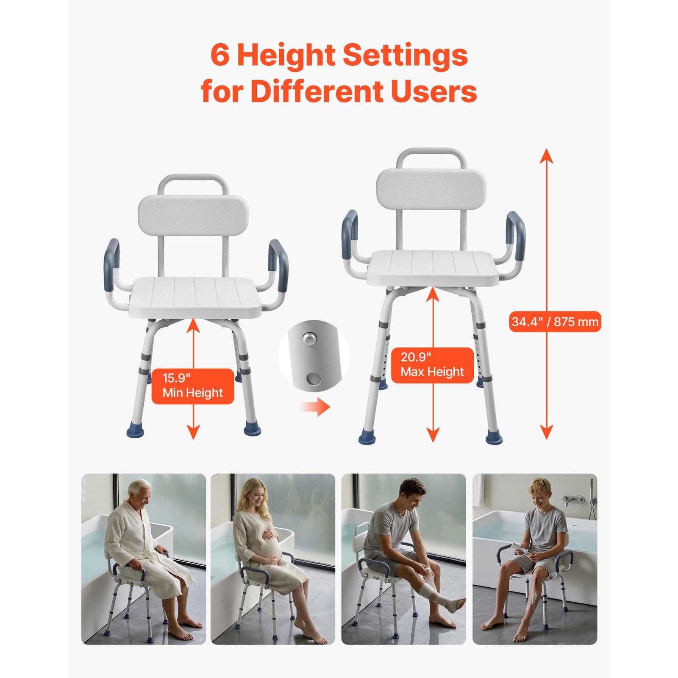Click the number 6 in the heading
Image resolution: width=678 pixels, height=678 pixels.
220,55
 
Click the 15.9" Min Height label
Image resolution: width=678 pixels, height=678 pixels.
193,386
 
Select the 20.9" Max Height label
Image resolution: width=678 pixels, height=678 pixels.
432,365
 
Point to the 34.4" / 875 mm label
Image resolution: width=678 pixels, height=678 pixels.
555,322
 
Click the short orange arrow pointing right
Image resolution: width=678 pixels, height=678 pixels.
315,407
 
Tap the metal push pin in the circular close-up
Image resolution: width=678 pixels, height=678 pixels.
309,338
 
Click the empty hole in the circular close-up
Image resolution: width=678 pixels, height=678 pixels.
314,378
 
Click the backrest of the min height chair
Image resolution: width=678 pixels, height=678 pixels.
193,216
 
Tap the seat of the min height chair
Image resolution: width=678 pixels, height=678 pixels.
195,297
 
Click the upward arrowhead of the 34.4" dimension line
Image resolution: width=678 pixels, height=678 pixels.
547,154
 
